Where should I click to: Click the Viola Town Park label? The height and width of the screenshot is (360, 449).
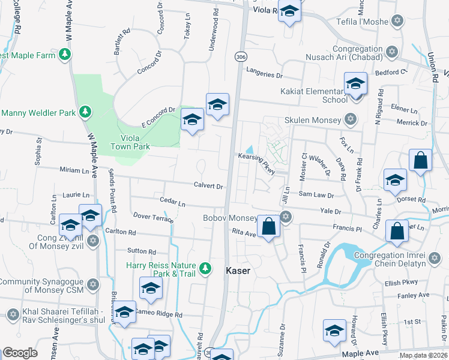[130, 142]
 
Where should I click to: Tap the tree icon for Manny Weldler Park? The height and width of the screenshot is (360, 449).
[86, 112]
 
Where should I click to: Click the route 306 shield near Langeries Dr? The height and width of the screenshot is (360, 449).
[240, 56]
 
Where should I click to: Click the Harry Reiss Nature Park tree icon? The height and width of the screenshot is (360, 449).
[205, 268]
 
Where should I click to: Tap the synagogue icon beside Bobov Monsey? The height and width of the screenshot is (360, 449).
[286, 217]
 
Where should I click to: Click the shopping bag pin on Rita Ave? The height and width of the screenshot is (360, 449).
[269, 227]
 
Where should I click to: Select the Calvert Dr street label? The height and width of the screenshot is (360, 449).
[208, 186]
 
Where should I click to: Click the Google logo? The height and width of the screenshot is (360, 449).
[20, 353]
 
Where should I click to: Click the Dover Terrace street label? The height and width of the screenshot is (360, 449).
[154, 217]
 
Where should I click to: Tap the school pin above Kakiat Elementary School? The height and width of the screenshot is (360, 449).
[355, 83]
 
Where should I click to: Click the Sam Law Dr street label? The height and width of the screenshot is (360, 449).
[316, 195]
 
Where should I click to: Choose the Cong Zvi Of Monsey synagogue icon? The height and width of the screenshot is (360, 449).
[92, 241]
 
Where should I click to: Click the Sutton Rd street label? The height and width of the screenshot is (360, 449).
[142, 251]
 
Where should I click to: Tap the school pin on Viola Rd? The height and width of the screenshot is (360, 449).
[289, 12]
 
